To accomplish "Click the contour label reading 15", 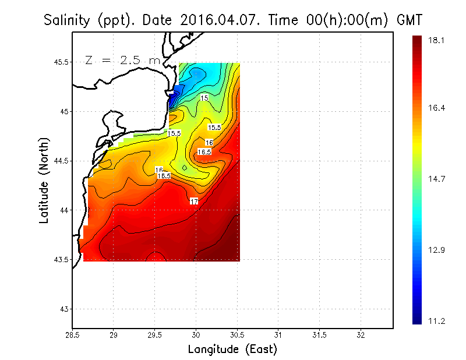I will pyautogui.click(x=204, y=98).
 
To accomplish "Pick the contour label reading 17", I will pyautogui.click(x=195, y=201).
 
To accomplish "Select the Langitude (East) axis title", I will pyautogui.click(x=232, y=350).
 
